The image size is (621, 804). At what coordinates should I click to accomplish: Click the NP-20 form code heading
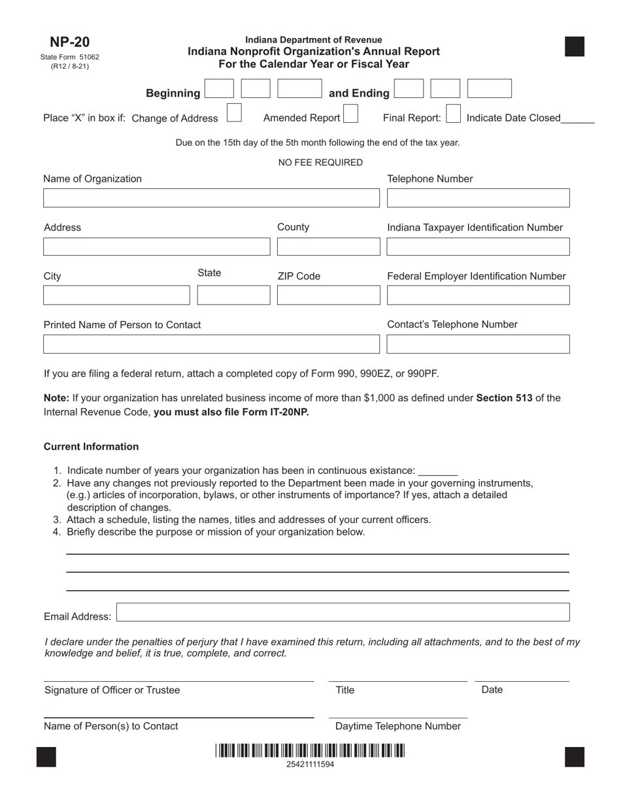(69, 42)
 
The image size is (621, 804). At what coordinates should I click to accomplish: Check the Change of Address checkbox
(234, 113)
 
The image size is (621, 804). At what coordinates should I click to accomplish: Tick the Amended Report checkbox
(350, 114)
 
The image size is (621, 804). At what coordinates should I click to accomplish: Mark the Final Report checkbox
(453, 114)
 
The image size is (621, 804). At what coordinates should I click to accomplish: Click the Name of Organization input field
(211, 198)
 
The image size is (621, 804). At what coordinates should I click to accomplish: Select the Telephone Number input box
(478, 198)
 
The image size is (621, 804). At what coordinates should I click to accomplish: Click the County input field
(328, 246)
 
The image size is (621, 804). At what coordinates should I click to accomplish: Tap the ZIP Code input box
(328, 295)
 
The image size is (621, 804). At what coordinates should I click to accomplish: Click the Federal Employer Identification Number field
(478, 295)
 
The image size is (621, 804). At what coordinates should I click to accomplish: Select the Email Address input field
(343, 612)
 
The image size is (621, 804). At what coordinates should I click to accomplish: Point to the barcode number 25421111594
(310, 764)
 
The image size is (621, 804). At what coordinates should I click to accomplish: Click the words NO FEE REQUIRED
(320, 163)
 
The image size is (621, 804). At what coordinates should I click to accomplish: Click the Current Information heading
(91, 446)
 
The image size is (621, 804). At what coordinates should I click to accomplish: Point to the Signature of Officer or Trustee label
(112, 690)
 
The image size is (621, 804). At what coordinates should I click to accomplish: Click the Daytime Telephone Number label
(397, 726)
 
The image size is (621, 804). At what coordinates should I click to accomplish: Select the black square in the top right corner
(574, 47)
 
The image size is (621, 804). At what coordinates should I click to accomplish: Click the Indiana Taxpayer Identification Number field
(478, 246)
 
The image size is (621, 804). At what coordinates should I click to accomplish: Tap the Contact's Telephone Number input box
(478, 344)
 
